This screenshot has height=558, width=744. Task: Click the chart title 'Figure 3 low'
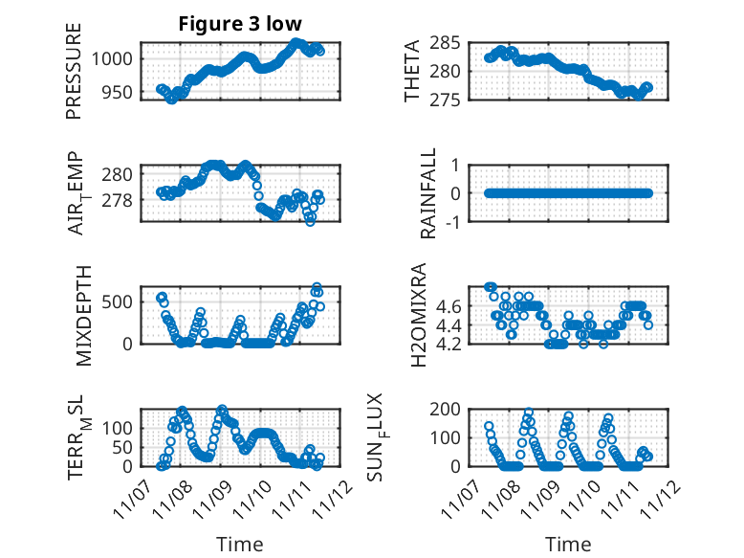(240, 24)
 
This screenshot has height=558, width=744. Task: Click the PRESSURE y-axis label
(75, 72)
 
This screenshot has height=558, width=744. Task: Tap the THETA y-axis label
(412, 72)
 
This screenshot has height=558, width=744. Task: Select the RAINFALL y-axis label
(429, 193)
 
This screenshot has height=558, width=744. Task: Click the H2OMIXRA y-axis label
(419, 315)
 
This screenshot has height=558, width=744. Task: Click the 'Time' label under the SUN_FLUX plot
(569, 545)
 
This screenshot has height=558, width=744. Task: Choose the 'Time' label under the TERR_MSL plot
(239, 545)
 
